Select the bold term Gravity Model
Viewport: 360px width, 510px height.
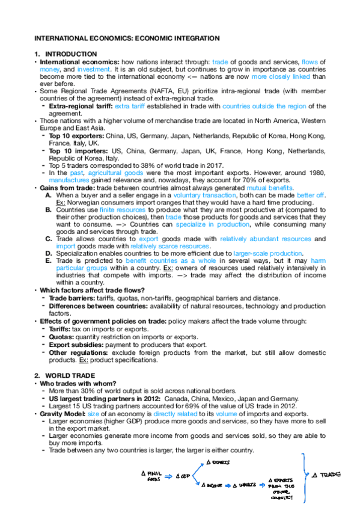(x=63, y=414)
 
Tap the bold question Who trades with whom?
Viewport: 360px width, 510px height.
(x=72, y=383)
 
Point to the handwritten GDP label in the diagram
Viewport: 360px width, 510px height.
(x=185, y=476)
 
